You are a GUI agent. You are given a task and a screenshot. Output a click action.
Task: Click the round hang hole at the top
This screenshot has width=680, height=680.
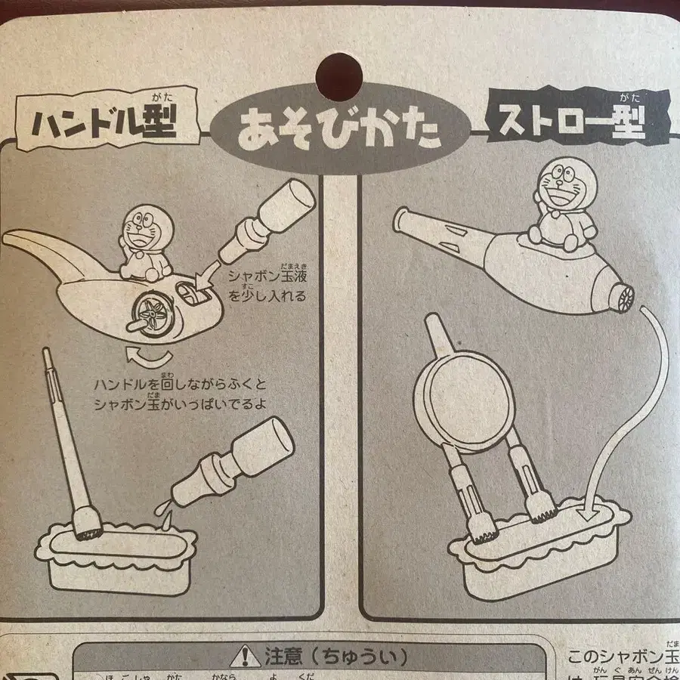(x=340, y=73)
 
